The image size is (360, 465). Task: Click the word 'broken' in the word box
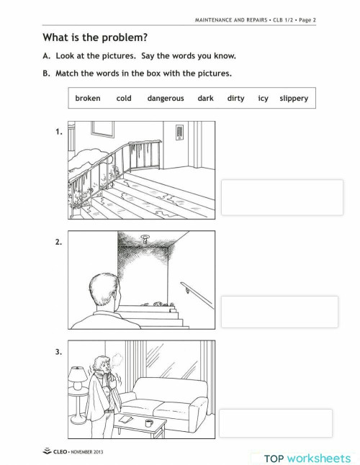(88, 99)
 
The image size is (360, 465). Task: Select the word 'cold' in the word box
(124, 99)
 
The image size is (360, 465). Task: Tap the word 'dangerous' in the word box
(166, 99)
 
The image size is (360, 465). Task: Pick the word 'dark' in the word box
(205, 99)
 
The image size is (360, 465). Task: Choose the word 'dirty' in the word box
(236, 99)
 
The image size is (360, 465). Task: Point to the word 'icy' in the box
(263, 99)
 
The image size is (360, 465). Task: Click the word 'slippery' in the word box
(294, 99)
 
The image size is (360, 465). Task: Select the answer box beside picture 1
(282, 197)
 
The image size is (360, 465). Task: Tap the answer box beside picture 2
(279, 312)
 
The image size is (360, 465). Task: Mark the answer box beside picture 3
(276, 423)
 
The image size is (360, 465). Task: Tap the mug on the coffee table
(148, 423)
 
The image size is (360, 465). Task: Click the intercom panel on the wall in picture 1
(177, 132)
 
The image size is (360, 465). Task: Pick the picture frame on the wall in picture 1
(102, 129)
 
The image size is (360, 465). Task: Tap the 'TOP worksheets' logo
(307, 457)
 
